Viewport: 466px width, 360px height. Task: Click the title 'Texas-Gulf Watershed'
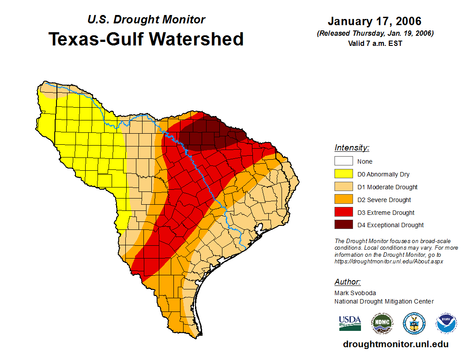click(146, 39)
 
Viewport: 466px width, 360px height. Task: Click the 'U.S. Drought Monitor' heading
click(146, 19)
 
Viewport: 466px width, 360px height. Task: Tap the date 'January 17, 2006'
click(374, 21)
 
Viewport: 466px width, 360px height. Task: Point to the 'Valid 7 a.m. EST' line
click(374, 43)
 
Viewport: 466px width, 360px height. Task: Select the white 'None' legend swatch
click(343, 161)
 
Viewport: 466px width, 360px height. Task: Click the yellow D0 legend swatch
click(343, 174)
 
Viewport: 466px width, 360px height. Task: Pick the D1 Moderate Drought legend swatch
click(343, 187)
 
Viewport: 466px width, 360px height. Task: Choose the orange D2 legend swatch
click(343, 200)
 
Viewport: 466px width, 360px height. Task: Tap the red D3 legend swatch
click(343, 213)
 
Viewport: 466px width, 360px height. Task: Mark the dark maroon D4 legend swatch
click(343, 225)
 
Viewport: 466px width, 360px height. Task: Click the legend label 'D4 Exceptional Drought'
click(391, 225)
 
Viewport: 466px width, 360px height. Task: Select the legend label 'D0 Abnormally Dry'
click(383, 174)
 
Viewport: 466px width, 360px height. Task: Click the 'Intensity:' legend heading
click(352, 148)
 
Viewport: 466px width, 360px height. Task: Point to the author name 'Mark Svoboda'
click(355, 292)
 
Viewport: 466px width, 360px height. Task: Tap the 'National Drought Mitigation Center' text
click(384, 301)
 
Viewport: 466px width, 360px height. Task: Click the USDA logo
click(350, 323)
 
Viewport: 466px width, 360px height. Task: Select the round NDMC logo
click(382, 323)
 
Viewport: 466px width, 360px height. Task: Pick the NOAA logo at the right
click(447, 323)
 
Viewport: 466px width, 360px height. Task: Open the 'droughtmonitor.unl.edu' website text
click(395, 344)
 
